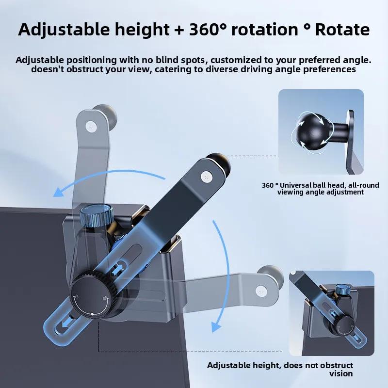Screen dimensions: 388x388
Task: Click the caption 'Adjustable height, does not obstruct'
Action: coord(280,365)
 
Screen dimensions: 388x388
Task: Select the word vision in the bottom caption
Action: coord(341,373)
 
